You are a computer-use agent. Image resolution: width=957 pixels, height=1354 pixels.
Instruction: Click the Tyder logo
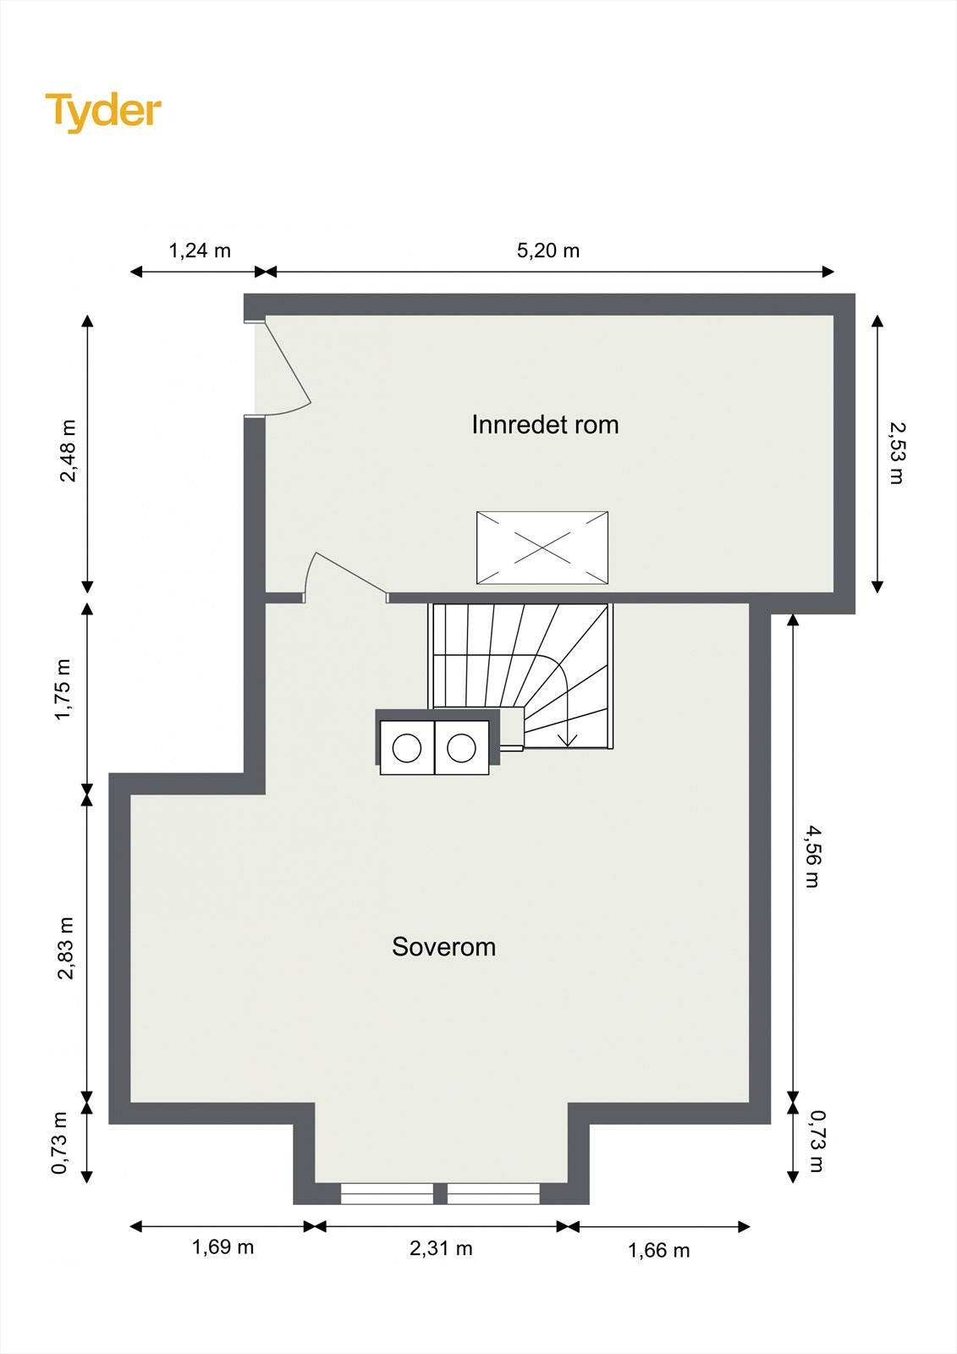pos(103,111)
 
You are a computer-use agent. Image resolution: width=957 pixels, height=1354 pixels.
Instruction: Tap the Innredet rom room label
pos(545,425)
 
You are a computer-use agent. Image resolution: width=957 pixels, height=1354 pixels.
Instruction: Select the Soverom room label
pos(443,947)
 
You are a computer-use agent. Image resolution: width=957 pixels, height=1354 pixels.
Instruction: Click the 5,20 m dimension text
pos(548,250)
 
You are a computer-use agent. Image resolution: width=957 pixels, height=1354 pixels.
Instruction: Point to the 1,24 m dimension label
pos(200,250)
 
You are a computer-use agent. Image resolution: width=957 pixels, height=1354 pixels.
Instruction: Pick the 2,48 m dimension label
pos(68,450)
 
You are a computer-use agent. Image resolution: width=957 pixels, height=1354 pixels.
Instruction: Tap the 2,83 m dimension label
pos(66,949)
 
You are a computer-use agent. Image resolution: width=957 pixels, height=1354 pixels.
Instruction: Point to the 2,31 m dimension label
pos(441,1248)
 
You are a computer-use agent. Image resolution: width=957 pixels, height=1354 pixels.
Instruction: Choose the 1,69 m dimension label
pos(223,1247)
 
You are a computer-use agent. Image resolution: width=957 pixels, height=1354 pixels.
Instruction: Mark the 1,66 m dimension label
pos(658,1251)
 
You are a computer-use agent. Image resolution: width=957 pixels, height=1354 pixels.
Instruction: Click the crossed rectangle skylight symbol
pos(542,548)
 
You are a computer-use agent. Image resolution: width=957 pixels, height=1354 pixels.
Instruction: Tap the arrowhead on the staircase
pos(567,740)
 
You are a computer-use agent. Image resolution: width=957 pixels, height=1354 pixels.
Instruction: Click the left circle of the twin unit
pos(407,748)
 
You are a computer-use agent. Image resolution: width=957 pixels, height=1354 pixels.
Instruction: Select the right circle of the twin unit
pos(461,748)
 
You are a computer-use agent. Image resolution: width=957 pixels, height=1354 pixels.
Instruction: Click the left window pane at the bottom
pos(387,1194)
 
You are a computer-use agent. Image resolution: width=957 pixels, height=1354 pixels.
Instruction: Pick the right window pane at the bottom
pos(493,1194)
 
